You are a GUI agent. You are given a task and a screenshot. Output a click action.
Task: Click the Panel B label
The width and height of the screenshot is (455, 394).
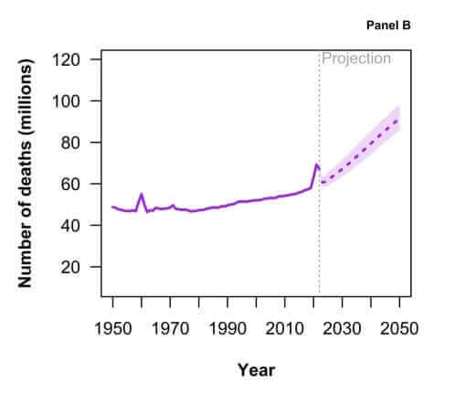pos(388,26)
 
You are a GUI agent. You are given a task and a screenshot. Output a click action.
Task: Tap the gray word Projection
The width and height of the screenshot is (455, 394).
pos(356,59)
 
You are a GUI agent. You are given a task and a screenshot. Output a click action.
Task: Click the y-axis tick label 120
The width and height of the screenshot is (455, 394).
pos(66,59)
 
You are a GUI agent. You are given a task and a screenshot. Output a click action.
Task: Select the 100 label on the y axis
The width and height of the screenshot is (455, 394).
pos(66,101)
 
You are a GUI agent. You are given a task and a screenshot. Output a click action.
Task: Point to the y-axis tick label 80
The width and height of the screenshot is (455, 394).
pos(70,143)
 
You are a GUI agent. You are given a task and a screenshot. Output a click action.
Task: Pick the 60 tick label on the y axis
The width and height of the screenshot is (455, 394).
pos(70,184)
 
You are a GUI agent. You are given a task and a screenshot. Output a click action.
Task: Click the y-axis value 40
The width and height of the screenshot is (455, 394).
pos(70,226)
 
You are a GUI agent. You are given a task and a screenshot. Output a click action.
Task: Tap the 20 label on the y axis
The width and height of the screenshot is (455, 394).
pos(70,267)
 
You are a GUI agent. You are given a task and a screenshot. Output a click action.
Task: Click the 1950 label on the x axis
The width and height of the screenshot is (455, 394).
pos(113,328)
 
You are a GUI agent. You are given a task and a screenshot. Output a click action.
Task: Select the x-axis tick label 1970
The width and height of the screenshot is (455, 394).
pos(170,328)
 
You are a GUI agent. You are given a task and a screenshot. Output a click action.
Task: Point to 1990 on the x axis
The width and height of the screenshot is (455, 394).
pos(227,328)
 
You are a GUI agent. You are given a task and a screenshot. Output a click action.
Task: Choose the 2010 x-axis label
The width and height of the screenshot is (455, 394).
pos(285,328)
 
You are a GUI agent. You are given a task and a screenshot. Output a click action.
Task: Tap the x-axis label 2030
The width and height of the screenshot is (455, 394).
pos(342,328)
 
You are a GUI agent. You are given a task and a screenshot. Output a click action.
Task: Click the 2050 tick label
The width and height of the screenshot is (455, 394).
pos(399,328)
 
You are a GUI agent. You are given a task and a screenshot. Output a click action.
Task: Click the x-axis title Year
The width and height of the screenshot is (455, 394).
pos(257,370)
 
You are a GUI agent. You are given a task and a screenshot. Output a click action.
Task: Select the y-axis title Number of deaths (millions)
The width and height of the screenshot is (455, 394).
pos(25,173)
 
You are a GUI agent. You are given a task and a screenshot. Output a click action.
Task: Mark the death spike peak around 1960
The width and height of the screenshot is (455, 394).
pos(142,194)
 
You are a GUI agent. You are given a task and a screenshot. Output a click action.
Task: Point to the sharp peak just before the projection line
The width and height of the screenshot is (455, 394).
pos(316,165)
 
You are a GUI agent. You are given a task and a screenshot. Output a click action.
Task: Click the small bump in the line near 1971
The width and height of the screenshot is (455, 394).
pos(173,205)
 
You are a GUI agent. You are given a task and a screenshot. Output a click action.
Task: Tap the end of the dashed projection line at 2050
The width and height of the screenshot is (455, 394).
pos(398,120)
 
